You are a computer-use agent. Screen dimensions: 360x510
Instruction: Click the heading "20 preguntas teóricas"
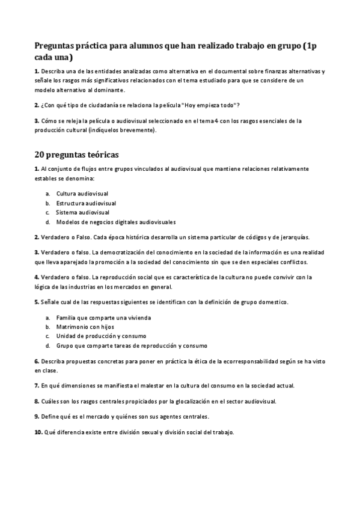76,155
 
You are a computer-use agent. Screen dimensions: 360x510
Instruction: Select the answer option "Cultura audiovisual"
81,194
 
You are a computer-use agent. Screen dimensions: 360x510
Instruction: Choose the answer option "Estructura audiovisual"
86,203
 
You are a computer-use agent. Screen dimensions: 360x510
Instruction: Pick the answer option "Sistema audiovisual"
82,212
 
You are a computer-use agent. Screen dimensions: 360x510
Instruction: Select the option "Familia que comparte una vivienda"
103,317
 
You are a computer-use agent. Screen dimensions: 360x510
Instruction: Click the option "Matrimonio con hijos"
85,327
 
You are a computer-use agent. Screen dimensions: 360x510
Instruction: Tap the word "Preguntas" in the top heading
59,45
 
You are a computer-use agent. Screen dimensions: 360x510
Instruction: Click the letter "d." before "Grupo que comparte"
47,346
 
